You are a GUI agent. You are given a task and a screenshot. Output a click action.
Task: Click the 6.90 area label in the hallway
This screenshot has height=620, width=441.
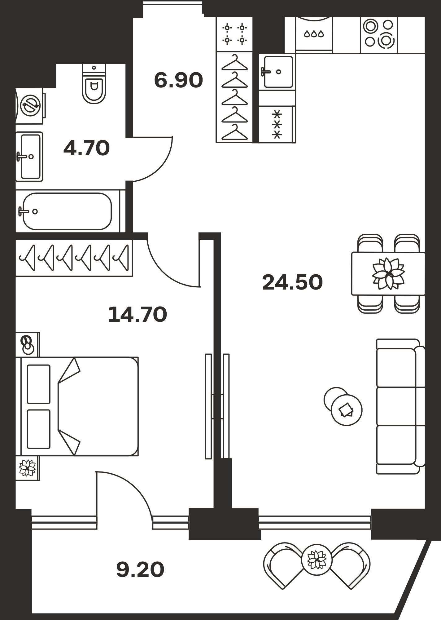tap(178, 80)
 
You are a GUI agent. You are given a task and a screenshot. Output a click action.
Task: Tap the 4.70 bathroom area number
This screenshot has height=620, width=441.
tap(86, 148)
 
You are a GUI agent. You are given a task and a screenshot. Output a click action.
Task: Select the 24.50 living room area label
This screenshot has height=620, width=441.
tap(292, 282)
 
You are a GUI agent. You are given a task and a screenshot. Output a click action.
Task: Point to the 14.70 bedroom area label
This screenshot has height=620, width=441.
tap(138, 314)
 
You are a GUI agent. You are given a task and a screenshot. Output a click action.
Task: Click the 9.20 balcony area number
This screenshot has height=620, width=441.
tap(140, 570)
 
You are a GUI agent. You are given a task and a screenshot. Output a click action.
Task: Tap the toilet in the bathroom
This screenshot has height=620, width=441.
tap(94, 84)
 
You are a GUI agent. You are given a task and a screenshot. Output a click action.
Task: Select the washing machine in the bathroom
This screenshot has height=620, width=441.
tap(30, 106)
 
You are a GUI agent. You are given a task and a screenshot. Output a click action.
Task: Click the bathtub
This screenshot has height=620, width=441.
tap(67, 211)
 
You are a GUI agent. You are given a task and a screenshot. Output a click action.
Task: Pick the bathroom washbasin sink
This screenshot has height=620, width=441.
tap(29, 157)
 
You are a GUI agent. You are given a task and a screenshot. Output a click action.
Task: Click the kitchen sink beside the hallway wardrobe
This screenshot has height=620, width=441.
tap(277, 72)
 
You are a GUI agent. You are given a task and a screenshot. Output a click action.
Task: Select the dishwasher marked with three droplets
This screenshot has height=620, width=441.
tap(314, 33)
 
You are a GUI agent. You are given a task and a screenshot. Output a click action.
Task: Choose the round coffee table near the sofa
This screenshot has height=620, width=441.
tap(346, 410)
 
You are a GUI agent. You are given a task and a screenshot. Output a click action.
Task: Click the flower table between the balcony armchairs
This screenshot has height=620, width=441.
tap(317, 560)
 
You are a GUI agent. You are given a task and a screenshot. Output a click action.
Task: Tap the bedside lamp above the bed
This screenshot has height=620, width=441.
tap(27, 345)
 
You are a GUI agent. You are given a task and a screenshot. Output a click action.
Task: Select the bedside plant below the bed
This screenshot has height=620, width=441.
tap(28, 468)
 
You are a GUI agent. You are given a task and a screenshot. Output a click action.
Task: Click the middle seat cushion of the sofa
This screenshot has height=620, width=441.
tap(396, 406)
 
